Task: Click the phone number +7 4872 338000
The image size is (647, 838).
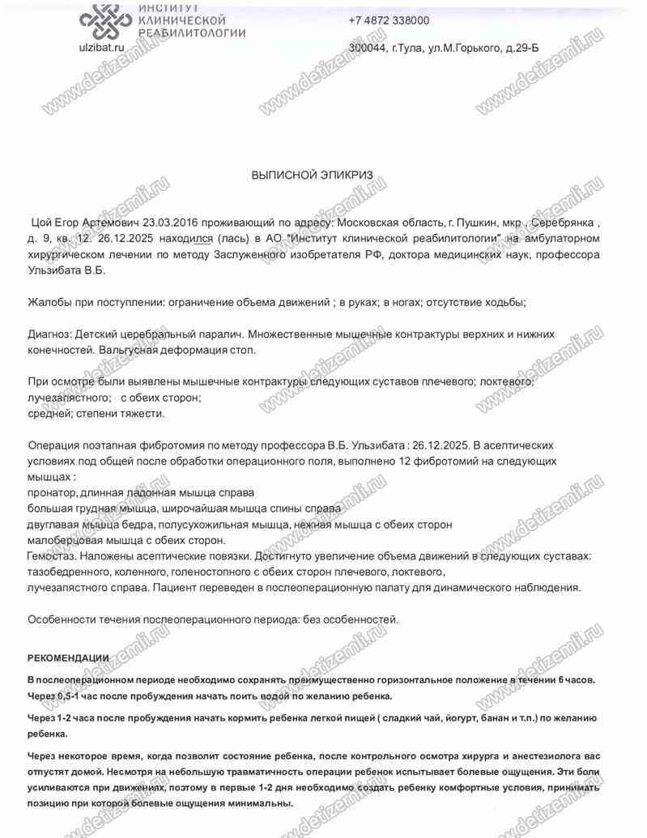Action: (389, 21)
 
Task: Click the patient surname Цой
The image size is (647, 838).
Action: (42, 222)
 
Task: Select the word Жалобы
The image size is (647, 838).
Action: (50, 302)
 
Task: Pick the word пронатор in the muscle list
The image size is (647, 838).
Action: (53, 492)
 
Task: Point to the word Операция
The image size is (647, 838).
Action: (54, 445)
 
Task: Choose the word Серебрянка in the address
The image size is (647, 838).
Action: (563, 222)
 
